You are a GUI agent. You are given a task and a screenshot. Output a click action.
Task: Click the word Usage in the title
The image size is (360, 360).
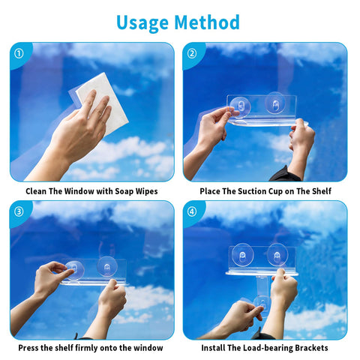point(142,23)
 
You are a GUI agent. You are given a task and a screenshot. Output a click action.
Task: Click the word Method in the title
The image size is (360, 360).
point(207,22)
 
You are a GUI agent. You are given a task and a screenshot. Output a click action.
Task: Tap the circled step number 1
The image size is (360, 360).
point(19,53)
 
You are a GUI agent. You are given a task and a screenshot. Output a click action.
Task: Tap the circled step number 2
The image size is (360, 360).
point(192,53)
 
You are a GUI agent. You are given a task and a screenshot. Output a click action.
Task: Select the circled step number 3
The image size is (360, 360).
point(19,211)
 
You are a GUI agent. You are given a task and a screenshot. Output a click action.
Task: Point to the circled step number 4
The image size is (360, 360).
point(192,211)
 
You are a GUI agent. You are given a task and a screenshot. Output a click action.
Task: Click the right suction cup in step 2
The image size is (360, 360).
point(275,103)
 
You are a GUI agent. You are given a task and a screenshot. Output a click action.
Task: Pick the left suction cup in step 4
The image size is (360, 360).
point(242,255)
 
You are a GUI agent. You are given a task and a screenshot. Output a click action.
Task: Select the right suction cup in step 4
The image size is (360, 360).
point(277,254)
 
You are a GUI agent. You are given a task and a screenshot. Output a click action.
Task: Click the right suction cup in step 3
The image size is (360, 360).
point(107,266)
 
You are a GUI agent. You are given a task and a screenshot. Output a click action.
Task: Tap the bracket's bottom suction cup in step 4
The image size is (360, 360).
point(262,304)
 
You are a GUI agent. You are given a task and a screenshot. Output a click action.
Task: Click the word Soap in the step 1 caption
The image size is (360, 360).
point(124,191)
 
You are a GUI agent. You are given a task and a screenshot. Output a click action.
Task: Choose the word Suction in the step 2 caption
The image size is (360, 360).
point(252,191)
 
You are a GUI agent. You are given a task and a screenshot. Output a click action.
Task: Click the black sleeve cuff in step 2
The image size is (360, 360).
point(285,174)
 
